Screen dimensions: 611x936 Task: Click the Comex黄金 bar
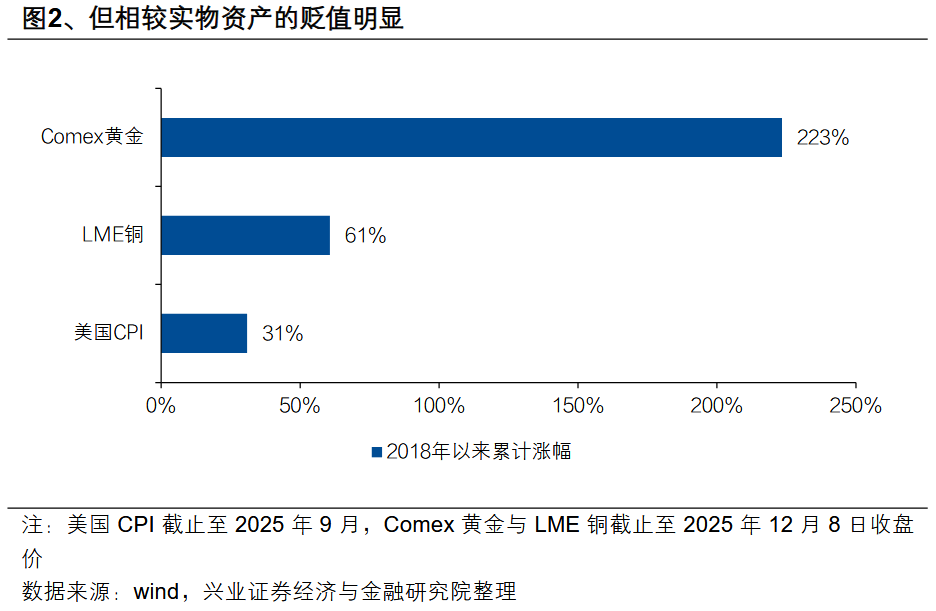tap(471, 138)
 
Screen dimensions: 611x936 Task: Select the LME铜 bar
tap(245, 235)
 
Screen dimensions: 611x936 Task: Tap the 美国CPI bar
tap(204, 333)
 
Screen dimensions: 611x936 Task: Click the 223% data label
tap(822, 139)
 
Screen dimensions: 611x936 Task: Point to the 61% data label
tap(365, 236)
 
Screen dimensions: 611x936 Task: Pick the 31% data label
tap(282, 334)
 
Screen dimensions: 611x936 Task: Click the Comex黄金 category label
tap(92, 138)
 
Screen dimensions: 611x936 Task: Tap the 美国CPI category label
tap(108, 333)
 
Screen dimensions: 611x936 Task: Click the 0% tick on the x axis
tap(161, 407)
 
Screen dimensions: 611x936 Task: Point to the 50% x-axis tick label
tap(299, 407)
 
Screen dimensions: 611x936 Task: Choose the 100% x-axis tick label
tap(438, 407)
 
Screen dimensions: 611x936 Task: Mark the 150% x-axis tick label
tap(577, 407)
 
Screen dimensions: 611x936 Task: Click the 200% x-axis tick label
tap(716, 407)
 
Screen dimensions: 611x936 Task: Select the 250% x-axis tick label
tap(855, 407)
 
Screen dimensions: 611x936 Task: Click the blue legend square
tap(376, 452)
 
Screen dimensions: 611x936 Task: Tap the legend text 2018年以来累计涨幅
tap(478, 452)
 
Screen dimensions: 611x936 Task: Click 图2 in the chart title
tap(35, 19)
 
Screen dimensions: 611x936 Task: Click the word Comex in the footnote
tap(417, 525)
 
